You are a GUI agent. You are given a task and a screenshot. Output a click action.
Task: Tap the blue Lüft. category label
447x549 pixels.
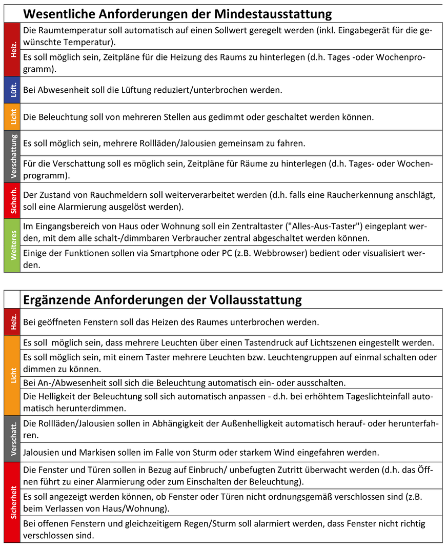pos(12,90)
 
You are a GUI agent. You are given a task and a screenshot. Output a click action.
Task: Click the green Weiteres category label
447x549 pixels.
pos(12,245)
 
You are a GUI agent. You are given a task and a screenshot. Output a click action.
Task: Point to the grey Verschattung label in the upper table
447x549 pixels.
pos(12,156)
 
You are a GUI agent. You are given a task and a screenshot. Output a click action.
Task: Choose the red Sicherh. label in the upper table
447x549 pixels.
pos(12,200)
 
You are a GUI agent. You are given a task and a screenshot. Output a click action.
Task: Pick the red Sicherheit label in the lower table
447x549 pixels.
pos(12,502)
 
